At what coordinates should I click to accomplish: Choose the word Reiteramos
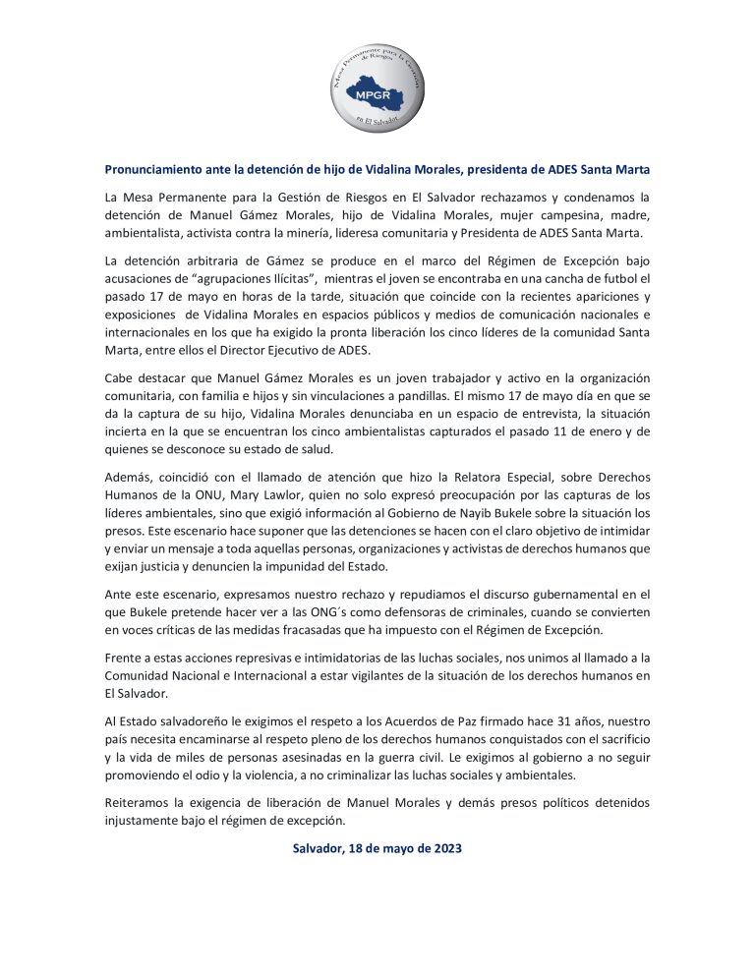[142, 803]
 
